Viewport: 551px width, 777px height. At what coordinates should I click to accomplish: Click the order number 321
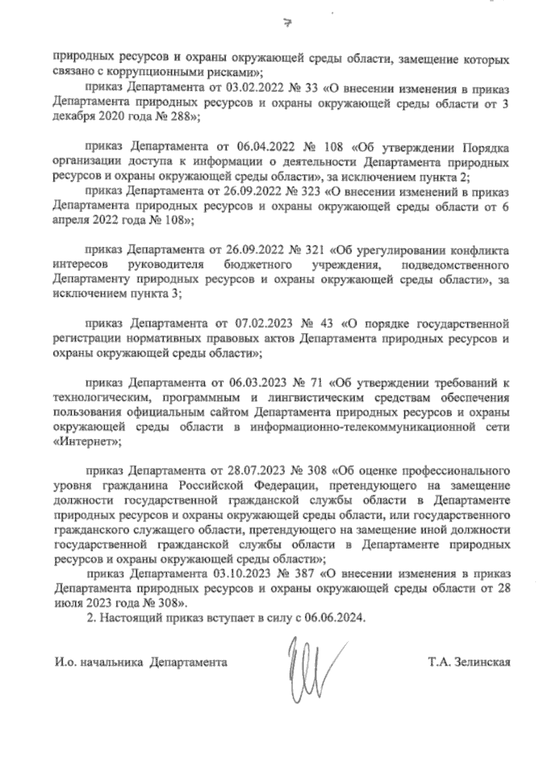(x=315, y=250)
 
